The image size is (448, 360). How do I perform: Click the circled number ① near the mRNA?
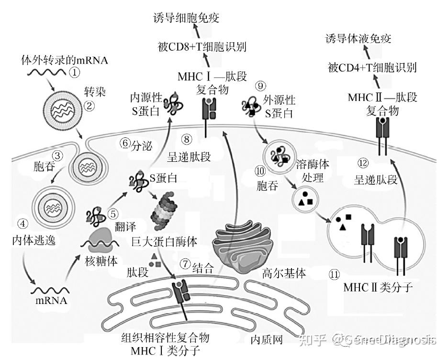click(x=75, y=73)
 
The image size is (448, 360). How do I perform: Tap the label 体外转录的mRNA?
click(x=65, y=61)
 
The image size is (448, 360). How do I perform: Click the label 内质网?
click(x=267, y=340)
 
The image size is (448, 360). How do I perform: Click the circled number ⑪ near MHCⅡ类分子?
click(x=335, y=274)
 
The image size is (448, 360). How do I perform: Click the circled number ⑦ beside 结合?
click(x=185, y=264)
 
